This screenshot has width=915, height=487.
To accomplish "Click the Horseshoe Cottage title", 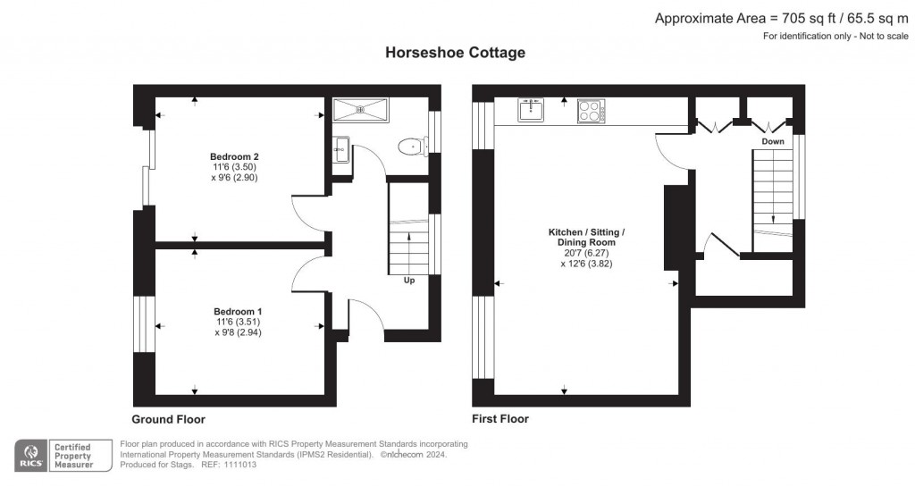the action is coord(455,53).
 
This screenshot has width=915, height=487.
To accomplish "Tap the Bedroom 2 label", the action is coord(234,156).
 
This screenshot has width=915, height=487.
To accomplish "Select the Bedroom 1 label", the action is coord(238,312).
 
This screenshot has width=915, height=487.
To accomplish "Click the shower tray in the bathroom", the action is coord(360,109).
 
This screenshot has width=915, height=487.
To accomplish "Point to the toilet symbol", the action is coord(413,147).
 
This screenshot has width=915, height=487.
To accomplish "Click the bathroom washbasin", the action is coord(341,149).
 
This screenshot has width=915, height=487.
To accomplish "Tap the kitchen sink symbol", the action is coord(531,109).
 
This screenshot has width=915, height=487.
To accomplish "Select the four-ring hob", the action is coord(592,111).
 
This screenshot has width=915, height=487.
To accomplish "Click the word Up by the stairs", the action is coord(409,281).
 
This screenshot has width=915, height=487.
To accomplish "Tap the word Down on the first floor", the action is coord(773,142).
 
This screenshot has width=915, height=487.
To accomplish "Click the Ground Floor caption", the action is coord(168,419).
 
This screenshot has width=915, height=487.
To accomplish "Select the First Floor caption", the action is coord(500,419).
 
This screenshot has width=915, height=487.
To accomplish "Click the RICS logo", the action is coord(31,456).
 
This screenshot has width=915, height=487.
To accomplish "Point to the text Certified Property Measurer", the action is coord(73,456).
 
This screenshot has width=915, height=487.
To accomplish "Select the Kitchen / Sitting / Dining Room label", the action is coord(586,238).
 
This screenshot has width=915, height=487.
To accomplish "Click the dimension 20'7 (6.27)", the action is coord(586,253).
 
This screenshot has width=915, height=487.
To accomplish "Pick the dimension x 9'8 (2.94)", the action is coord(238,332).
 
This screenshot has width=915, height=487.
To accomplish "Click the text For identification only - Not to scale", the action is coord(835,36).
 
